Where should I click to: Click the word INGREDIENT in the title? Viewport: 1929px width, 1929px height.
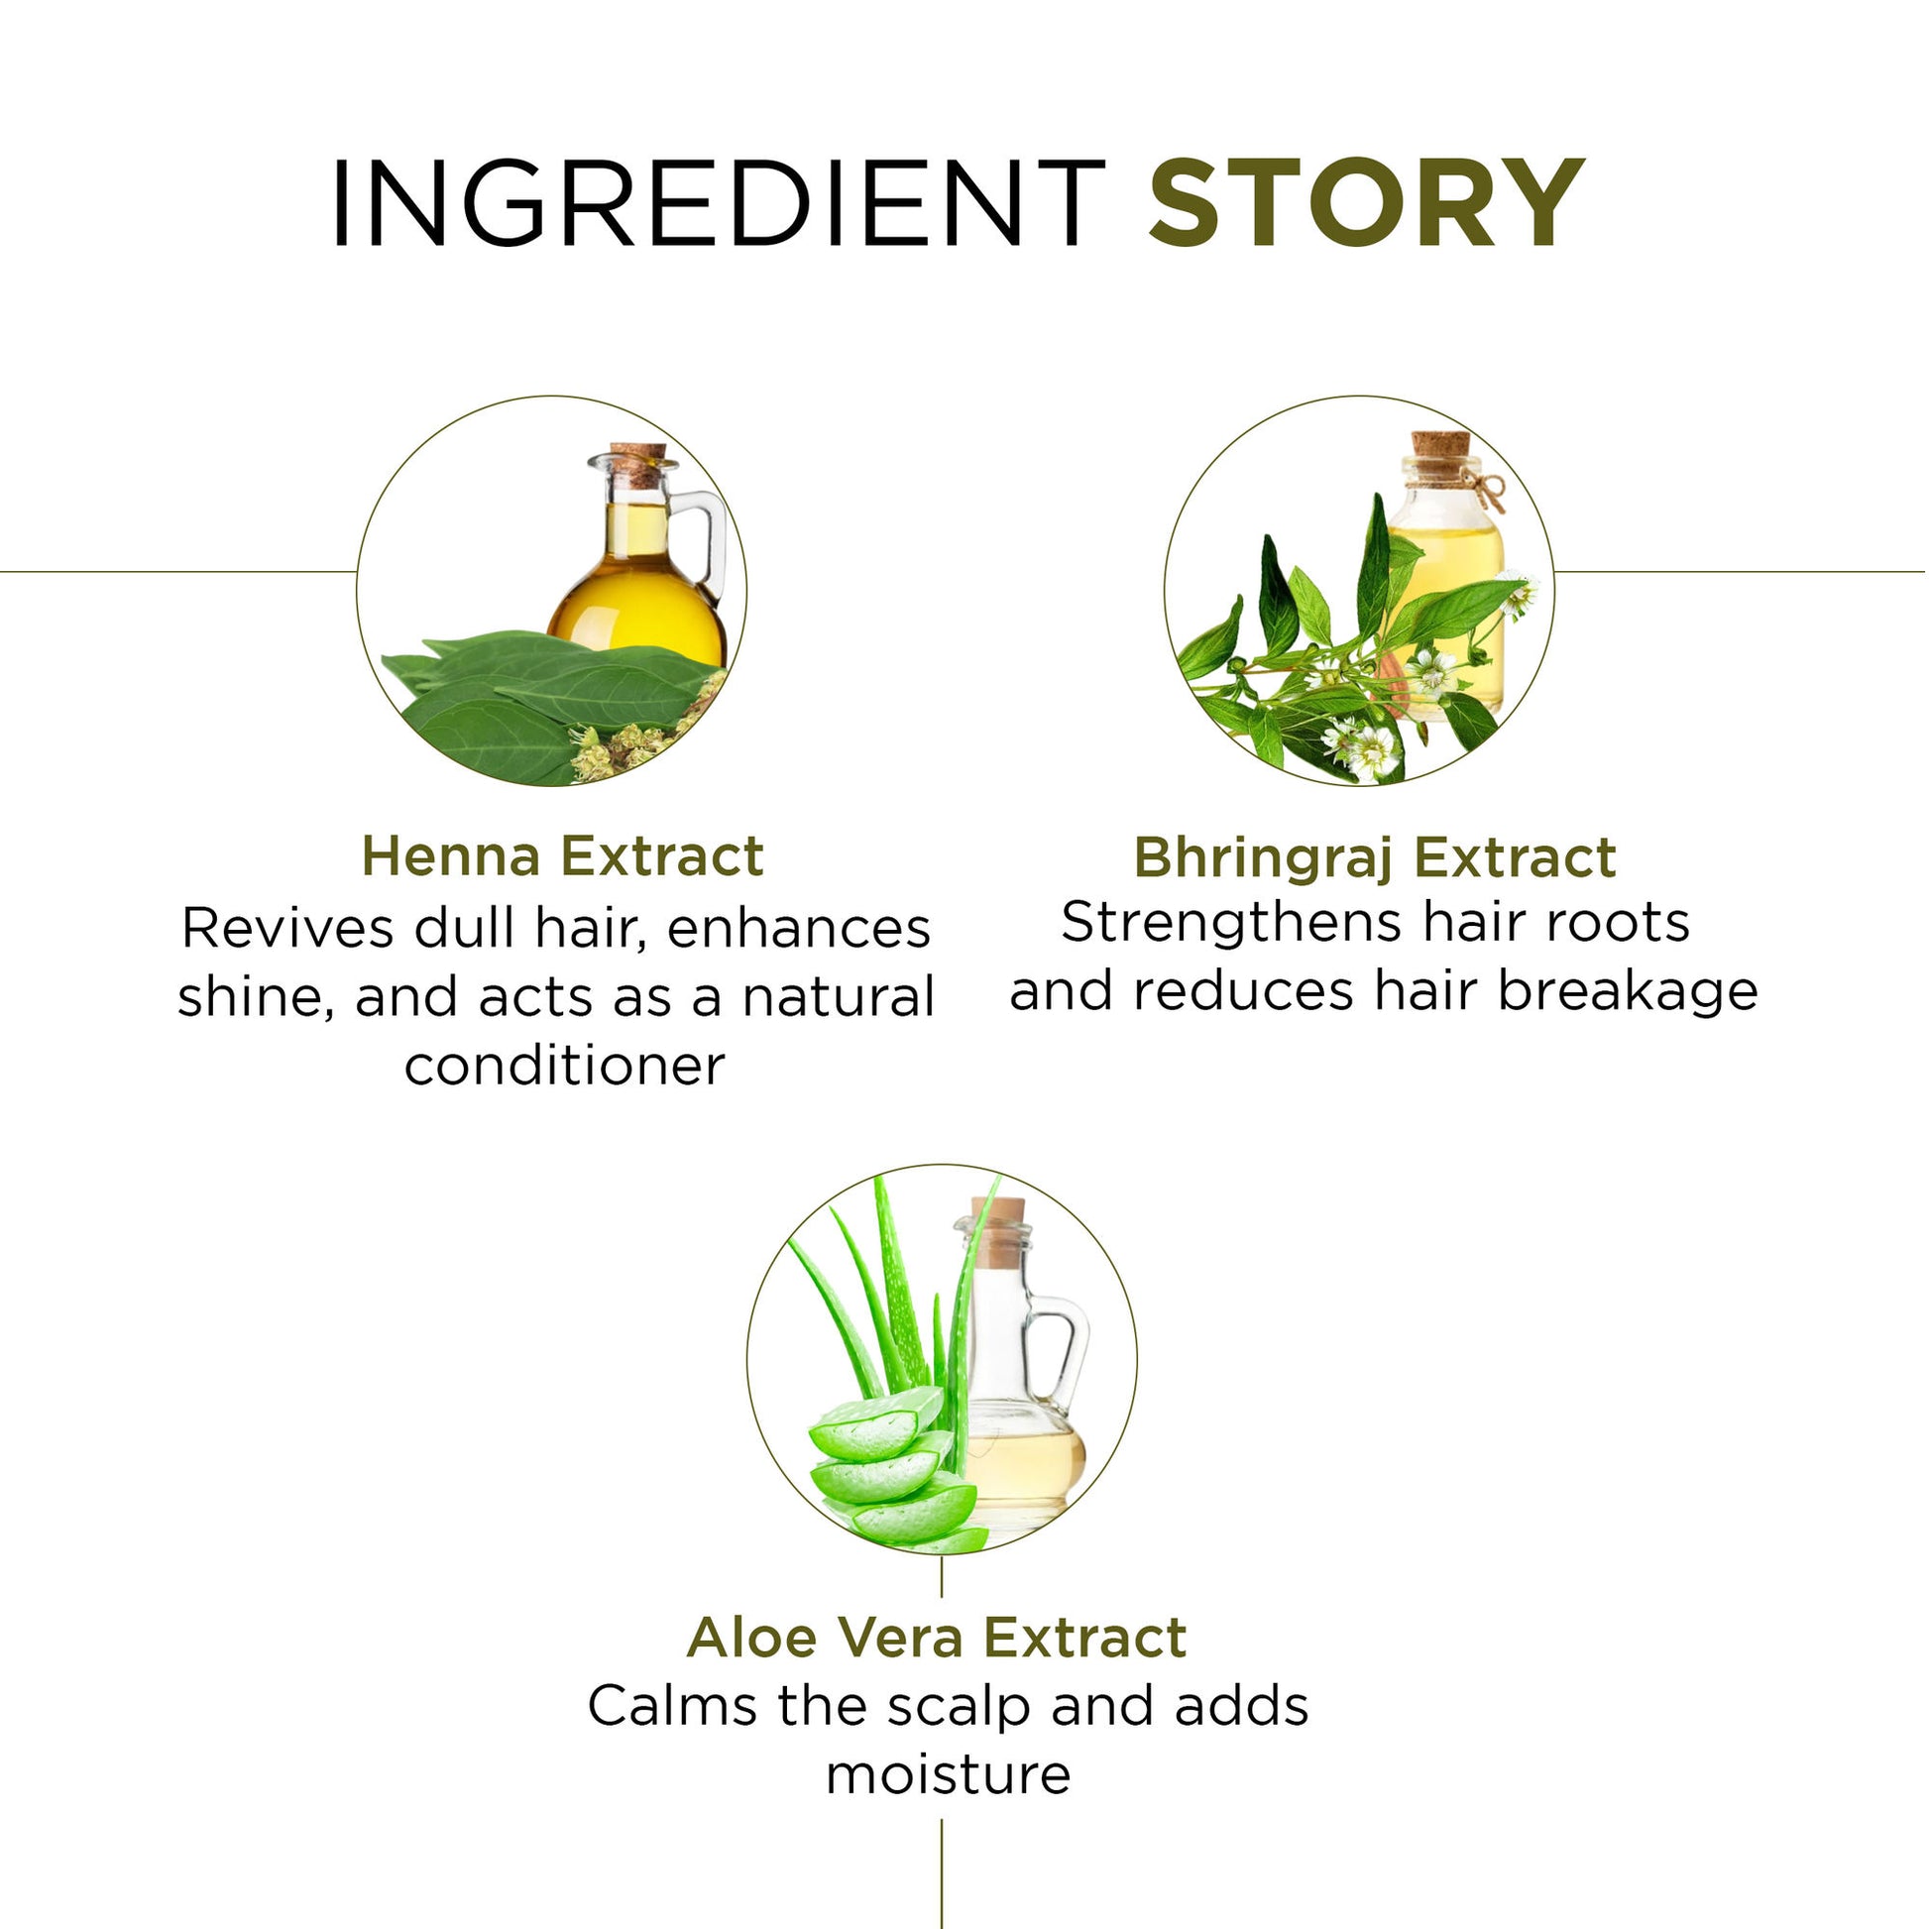[x=717, y=202]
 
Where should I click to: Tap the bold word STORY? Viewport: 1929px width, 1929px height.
[x=1367, y=202]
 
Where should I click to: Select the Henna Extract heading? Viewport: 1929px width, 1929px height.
[x=563, y=855]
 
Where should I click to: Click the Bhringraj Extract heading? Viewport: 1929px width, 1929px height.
[x=1375, y=857]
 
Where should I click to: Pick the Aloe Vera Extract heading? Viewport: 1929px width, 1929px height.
[x=938, y=1638]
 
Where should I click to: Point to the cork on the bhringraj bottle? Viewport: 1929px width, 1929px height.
[x=1440, y=454]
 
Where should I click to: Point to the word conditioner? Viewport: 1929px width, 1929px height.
[x=565, y=1068]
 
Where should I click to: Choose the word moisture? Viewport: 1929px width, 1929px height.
[x=949, y=1776]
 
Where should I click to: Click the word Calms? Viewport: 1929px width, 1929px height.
[x=673, y=1706]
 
